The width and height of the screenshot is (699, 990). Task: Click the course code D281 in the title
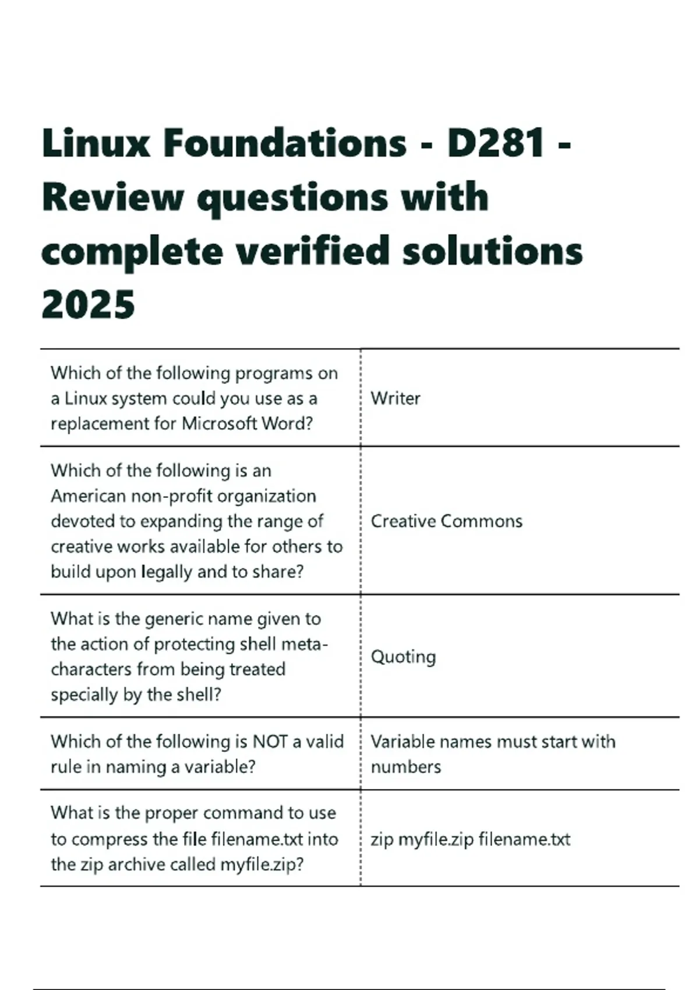pyautogui.click(x=496, y=143)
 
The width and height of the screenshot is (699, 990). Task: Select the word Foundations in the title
pyautogui.click(x=285, y=143)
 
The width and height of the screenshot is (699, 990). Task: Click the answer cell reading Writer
pyautogui.click(x=396, y=398)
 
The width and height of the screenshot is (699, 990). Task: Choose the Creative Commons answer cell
pyautogui.click(x=446, y=521)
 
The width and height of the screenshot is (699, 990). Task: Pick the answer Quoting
pyautogui.click(x=403, y=657)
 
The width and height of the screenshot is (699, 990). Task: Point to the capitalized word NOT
pyautogui.click(x=270, y=741)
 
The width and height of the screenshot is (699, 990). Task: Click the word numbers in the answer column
pyautogui.click(x=406, y=767)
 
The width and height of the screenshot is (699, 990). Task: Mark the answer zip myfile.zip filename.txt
pyautogui.click(x=470, y=839)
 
